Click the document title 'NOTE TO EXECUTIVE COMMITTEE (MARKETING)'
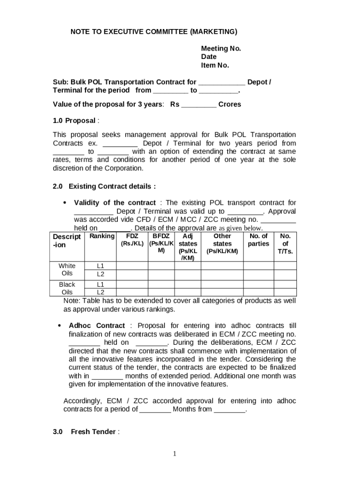click(154, 32)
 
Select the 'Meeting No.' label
click(221, 49)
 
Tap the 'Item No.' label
click(215, 65)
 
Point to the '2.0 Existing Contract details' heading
click(104, 186)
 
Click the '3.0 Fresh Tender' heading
click(86, 432)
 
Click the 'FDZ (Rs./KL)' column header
click(132, 240)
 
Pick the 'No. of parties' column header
click(259, 240)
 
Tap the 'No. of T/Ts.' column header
click(285, 244)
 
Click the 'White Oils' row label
click(67, 270)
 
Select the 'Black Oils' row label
click(67, 288)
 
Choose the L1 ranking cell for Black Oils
click(100, 284)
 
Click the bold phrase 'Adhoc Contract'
click(97, 326)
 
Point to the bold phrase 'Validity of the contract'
click(115, 203)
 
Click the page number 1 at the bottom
click(174, 453)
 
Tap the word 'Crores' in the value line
click(230, 104)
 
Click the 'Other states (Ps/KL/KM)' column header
click(222, 244)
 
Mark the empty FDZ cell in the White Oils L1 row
click(132, 266)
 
